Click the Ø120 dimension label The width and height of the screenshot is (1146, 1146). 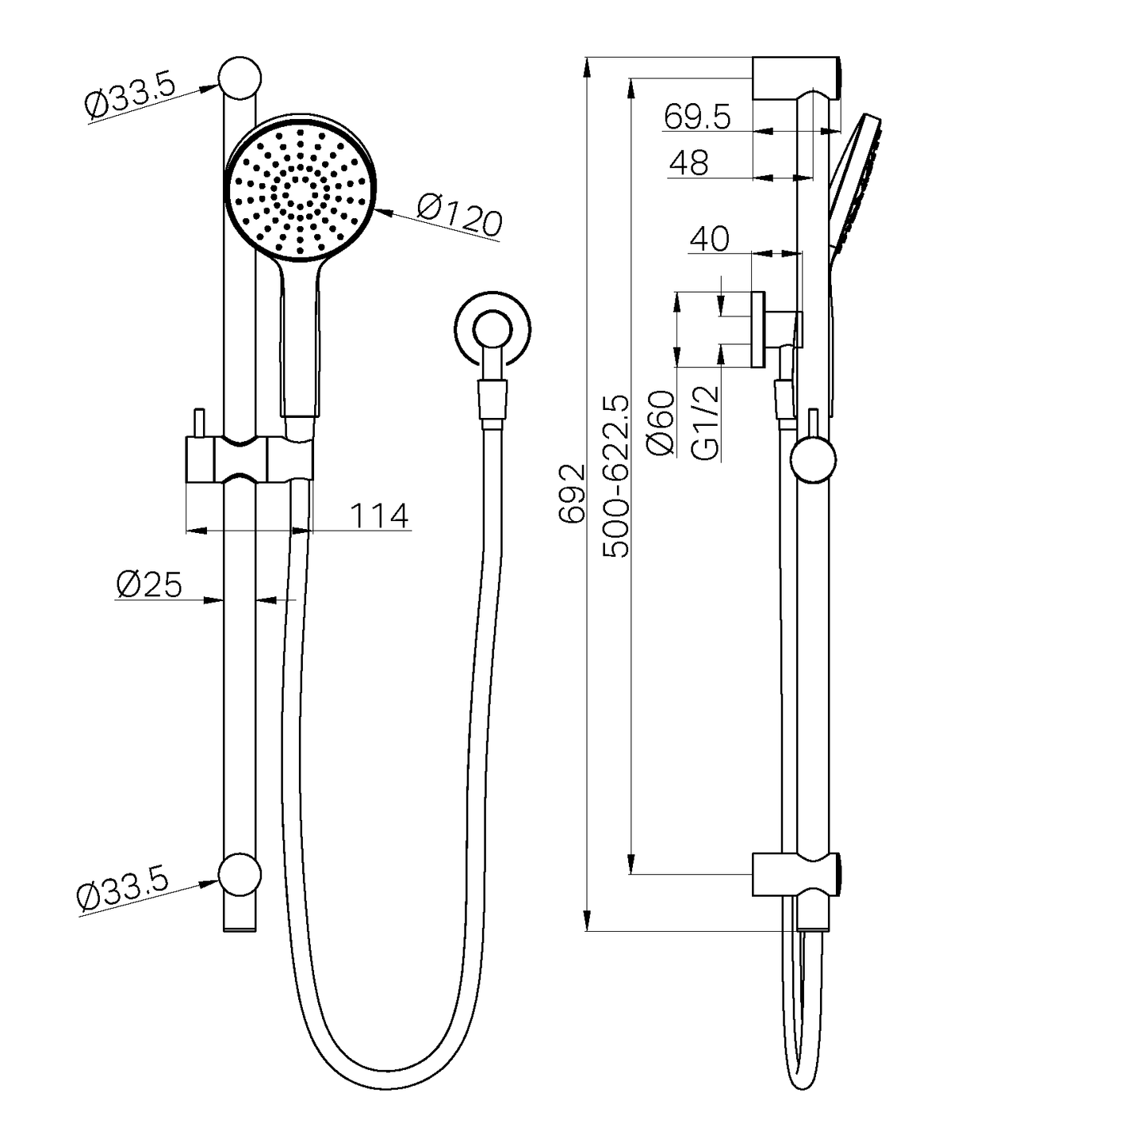pos(459,217)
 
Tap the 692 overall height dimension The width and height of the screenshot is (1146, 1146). pos(572,493)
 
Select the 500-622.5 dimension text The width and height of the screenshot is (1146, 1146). pos(616,476)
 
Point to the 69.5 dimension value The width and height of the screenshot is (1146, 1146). pos(697,117)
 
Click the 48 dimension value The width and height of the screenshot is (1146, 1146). pos(688,163)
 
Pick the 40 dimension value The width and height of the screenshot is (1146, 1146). pos(709,239)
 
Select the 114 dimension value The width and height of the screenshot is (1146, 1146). pos(379,516)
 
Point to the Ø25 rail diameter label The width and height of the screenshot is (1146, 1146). pos(149,584)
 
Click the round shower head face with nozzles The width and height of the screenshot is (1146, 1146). pos(300,190)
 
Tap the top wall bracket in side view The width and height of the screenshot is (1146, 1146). pos(795,78)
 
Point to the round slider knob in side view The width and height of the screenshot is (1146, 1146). pos(814,461)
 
